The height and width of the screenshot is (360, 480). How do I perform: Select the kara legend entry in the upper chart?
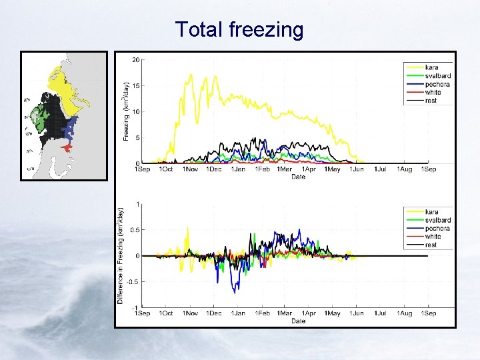pyautogui.click(x=431, y=68)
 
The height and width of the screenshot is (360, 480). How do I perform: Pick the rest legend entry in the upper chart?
pyautogui.click(x=431, y=100)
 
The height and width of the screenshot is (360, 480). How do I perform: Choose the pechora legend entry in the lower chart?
pyautogui.click(x=437, y=228)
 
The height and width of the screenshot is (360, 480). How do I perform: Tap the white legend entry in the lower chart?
pyautogui.click(x=433, y=236)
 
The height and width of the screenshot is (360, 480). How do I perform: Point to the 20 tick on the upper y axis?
pyautogui.click(x=135, y=60)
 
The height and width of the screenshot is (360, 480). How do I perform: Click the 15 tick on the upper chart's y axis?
pyautogui.click(x=135, y=86)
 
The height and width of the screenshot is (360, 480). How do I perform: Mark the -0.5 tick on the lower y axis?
pyautogui.click(x=133, y=281)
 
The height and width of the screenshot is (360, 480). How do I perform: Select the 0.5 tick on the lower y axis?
pyautogui.click(x=135, y=230)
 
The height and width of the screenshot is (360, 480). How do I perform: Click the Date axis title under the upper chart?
pyautogui.click(x=298, y=177)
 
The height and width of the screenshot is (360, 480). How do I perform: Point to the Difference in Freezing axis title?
pyautogui.click(x=121, y=255)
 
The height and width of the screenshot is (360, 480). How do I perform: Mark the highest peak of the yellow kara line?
pyautogui.click(x=191, y=75)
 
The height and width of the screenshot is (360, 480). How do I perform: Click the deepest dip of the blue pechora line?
pyautogui.click(x=234, y=292)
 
